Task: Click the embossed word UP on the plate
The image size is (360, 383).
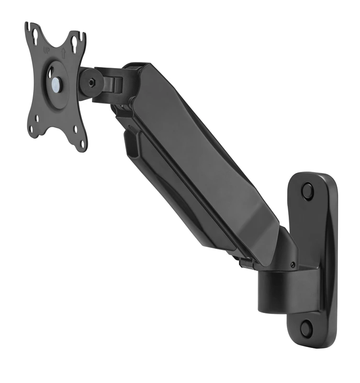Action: tap(46, 51)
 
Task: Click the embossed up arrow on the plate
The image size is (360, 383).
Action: tap(63, 53)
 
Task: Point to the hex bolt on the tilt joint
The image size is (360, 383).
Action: tap(92, 82)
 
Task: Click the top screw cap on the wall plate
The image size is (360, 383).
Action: tap(307, 190)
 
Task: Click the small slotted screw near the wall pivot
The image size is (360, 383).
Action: tap(293, 264)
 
